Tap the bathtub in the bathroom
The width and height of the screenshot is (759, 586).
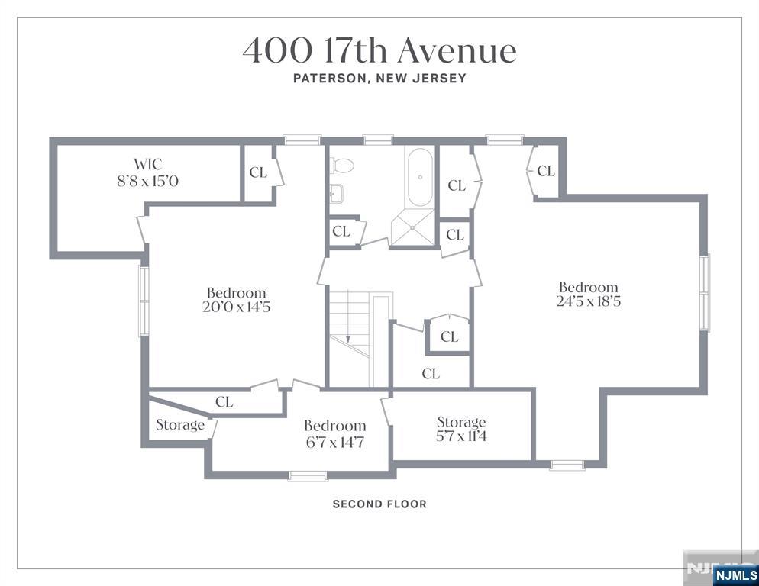tap(420, 178)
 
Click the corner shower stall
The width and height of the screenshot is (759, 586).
tap(412, 227)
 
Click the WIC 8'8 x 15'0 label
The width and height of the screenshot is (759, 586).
tap(147, 172)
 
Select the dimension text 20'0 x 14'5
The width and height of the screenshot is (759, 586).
tap(236, 307)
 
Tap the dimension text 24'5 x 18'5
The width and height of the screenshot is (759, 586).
tap(589, 301)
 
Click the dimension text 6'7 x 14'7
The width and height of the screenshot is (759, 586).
tap(334, 443)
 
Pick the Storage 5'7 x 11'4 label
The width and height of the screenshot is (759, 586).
tap(461, 429)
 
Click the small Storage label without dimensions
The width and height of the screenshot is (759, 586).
tap(180, 425)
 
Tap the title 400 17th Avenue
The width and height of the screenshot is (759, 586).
tap(379, 51)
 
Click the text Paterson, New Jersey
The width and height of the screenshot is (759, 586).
tap(379, 79)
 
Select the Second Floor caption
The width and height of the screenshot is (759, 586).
tap(379, 504)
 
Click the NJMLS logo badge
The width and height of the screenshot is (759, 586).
tap(735, 575)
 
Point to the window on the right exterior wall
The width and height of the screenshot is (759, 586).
tap(704, 292)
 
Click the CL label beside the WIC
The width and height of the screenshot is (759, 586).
tap(258, 172)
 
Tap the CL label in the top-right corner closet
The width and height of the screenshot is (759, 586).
tap(546, 171)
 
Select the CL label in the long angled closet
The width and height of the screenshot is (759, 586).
tap(224, 401)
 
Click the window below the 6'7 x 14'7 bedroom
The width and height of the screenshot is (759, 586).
tap(308, 475)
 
